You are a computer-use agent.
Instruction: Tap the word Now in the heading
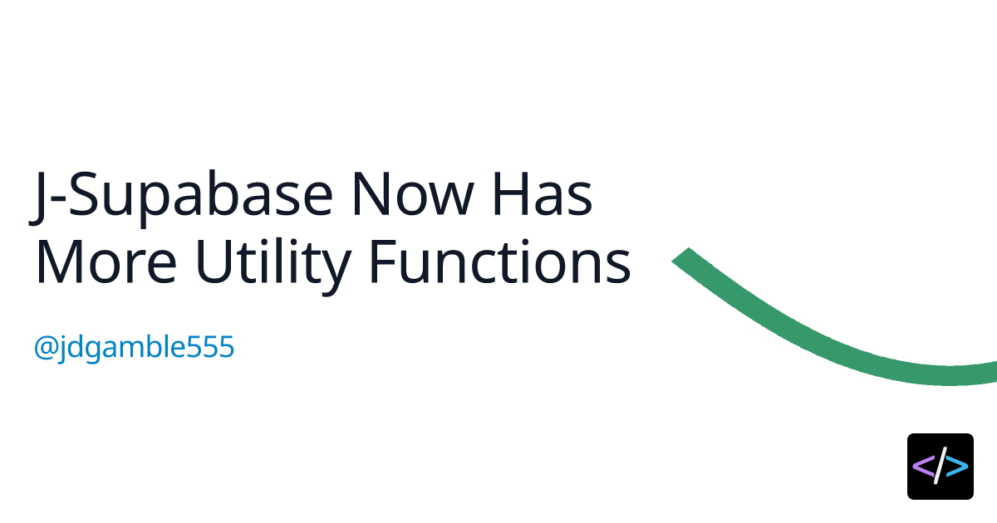click(x=413, y=194)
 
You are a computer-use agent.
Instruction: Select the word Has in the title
click(x=543, y=194)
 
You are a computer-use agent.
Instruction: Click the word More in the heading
click(x=106, y=261)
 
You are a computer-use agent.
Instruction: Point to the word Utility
click(x=273, y=266)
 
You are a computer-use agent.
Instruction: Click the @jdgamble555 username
click(x=134, y=348)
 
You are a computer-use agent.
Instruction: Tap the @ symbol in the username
click(x=46, y=347)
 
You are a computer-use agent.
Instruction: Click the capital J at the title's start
click(x=37, y=198)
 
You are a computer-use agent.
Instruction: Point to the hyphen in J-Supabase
click(x=57, y=198)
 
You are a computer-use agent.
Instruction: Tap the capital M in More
click(x=61, y=261)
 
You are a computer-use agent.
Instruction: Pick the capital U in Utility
click(x=214, y=262)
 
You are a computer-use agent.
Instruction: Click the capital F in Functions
click(x=383, y=261)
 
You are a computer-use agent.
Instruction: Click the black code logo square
click(x=941, y=466)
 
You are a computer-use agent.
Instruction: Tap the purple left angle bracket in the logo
click(x=923, y=467)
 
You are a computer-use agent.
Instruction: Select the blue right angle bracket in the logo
click(x=957, y=467)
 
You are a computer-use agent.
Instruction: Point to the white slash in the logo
click(x=940, y=466)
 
